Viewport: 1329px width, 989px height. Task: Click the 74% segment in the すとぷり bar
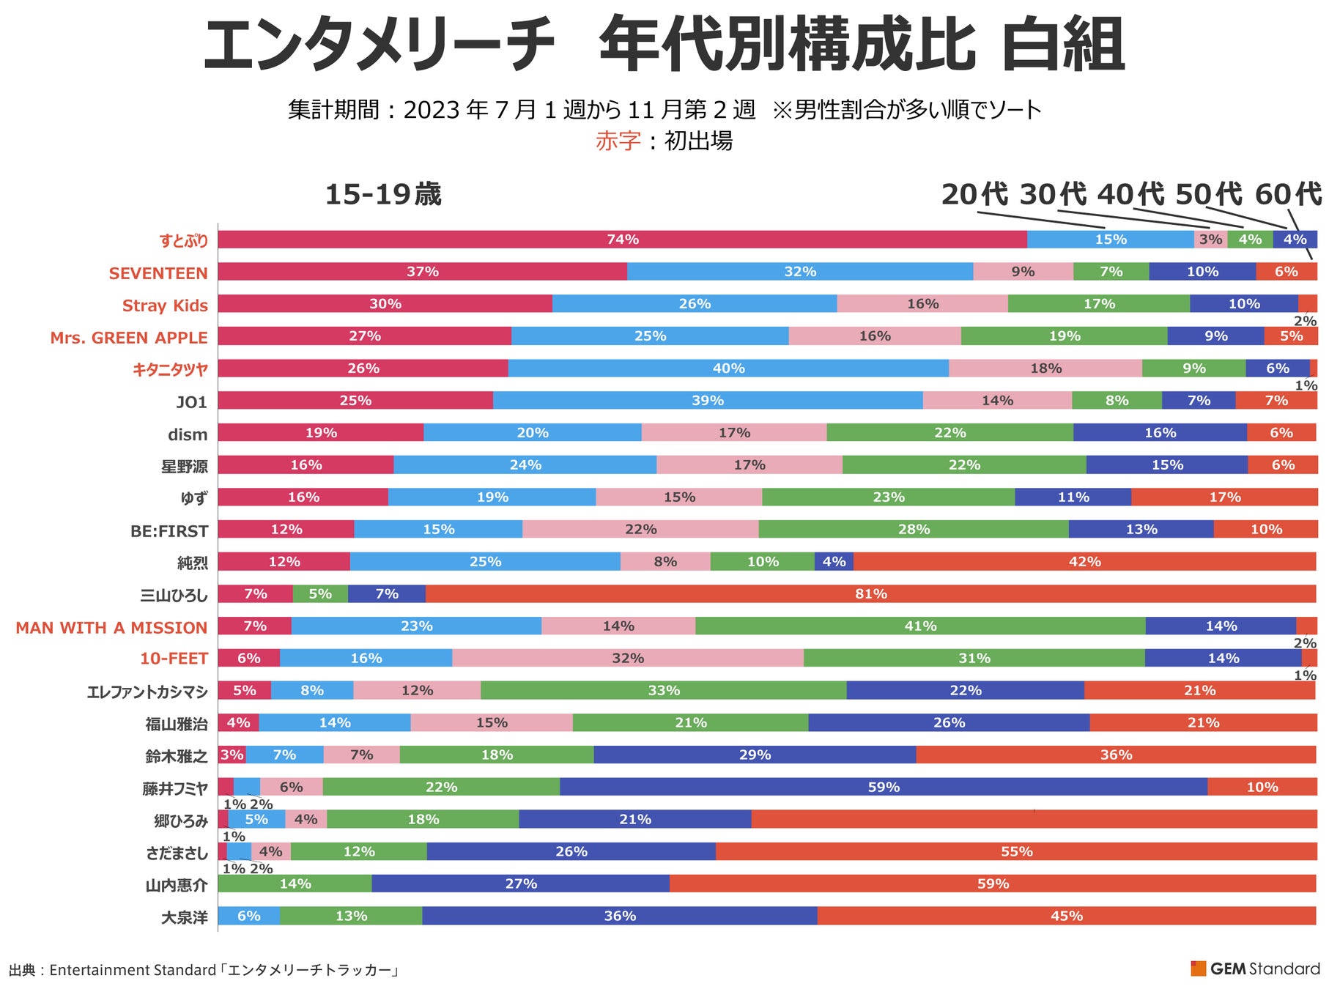click(622, 240)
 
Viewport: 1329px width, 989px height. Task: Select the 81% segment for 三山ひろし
click(870, 594)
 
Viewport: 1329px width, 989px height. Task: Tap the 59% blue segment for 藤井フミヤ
click(883, 788)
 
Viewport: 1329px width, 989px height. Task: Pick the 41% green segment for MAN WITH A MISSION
click(919, 626)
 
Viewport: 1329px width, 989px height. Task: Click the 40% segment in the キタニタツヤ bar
click(728, 368)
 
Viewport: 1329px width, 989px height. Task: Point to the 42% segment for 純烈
click(1084, 562)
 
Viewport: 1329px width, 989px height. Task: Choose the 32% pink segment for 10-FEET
click(627, 659)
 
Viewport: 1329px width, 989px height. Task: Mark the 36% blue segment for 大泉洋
click(619, 916)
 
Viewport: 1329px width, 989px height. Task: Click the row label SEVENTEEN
click(158, 273)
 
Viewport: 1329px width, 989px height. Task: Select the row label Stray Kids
click(165, 305)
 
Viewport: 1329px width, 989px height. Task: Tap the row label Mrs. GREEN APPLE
click(129, 338)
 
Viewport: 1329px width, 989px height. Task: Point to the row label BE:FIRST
click(169, 531)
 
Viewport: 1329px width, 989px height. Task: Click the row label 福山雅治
click(177, 725)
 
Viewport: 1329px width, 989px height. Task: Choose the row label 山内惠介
click(177, 886)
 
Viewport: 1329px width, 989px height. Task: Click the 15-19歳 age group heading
click(382, 195)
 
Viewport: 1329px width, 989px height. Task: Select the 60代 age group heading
click(1287, 195)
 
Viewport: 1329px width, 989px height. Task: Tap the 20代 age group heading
click(974, 195)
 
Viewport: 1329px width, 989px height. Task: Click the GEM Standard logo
click(1255, 968)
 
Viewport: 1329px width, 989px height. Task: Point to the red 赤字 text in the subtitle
click(618, 141)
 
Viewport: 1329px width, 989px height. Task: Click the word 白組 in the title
click(1062, 45)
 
